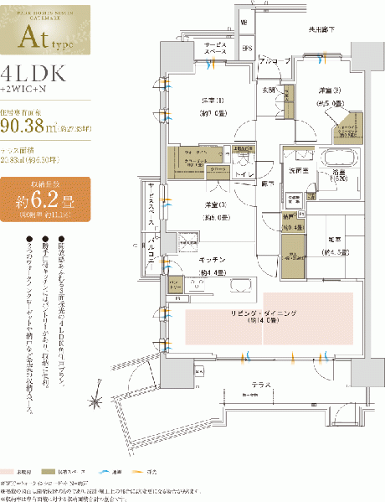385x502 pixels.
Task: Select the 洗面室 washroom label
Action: [301, 169]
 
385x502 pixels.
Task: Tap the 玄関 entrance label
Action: [268, 89]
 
